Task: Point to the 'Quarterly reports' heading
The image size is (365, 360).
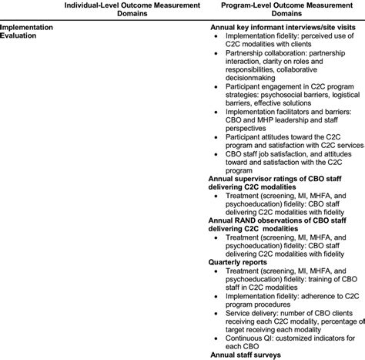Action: point(236,261)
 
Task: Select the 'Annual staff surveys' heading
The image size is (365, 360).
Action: point(245,355)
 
